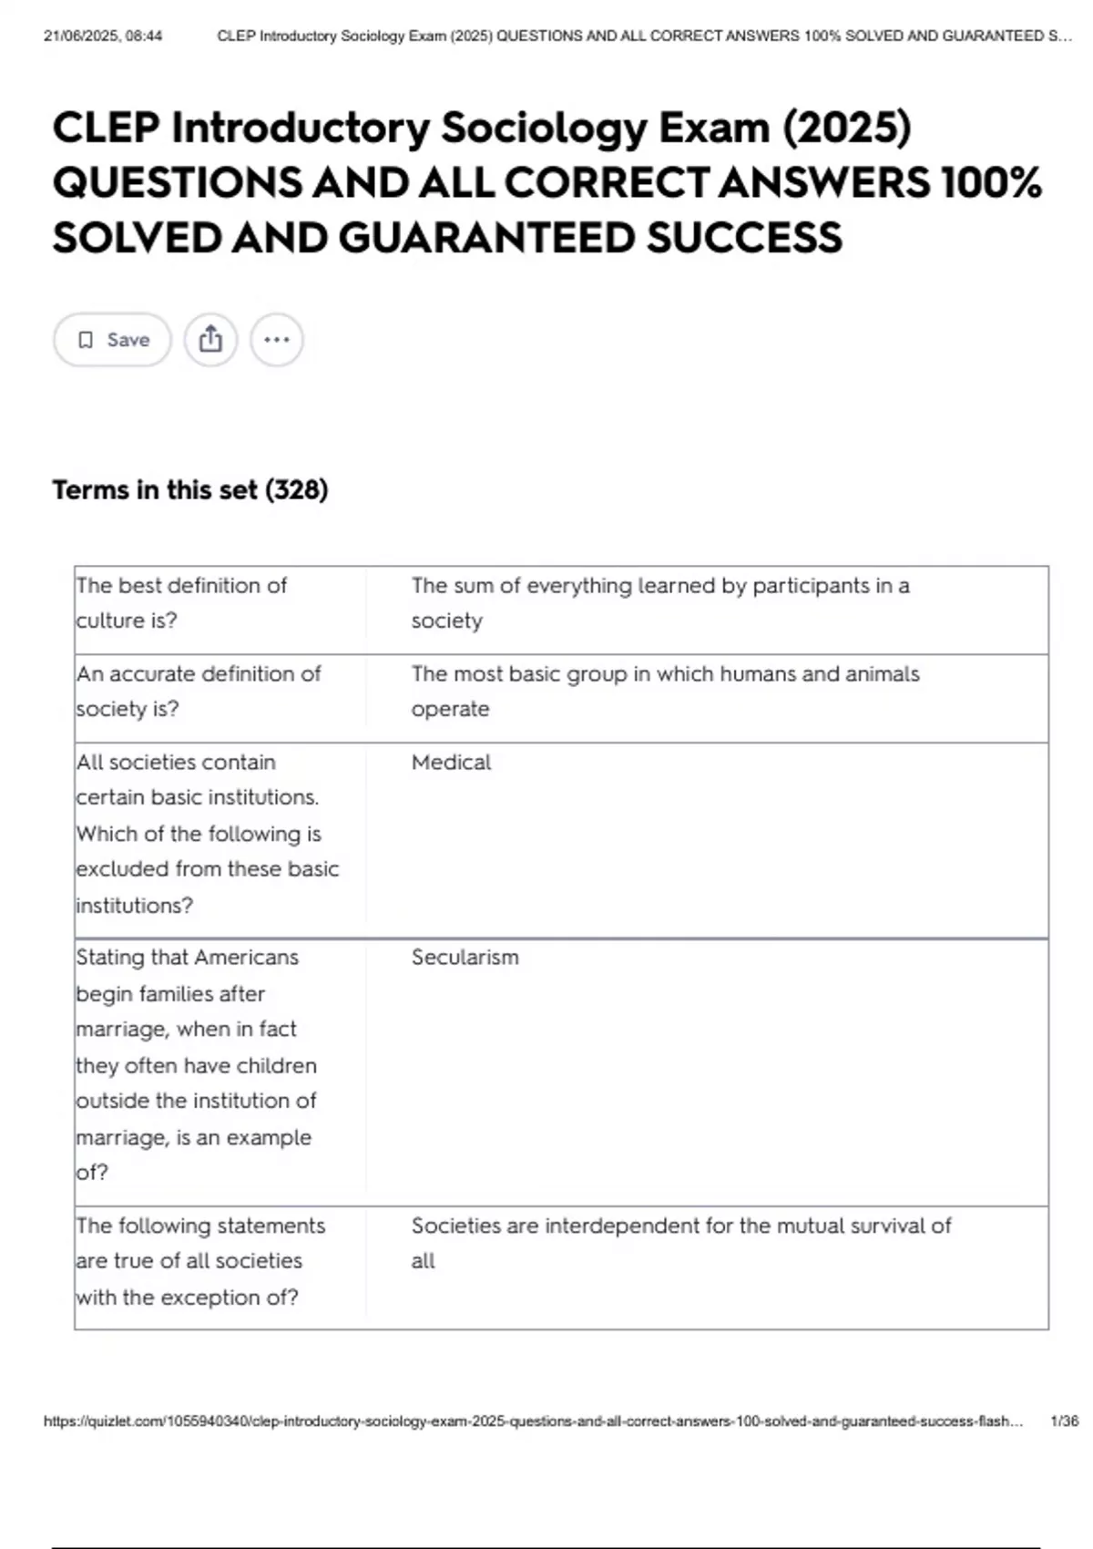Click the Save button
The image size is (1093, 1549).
pyautogui.click(x=112, y=340)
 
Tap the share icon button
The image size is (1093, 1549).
pyautogui.click(x=210, y=340)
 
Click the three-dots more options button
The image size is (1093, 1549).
pyautogui.click(x=277, y=340)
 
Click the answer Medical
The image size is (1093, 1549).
pyautogui.click(x=451, y=763)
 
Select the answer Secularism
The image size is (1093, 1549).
pyautogui.click(x=465, y=958)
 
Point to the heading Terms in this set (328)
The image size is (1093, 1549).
pyautogui.click(x=189, y=490)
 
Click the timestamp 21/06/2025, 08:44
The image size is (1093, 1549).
pyautogui.click(x=103, y=36)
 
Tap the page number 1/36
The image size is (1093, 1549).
pyautogui.click(x=1064, y=1421)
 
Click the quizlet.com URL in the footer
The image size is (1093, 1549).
pyautogui.click(x=533, y=1421)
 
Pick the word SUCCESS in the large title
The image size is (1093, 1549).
pyautogui.click(x=744, y=238)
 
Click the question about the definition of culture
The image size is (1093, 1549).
pyautogui.click(x=181, y=602)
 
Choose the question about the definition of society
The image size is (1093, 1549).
pyautogui.click(x=199, y=691)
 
